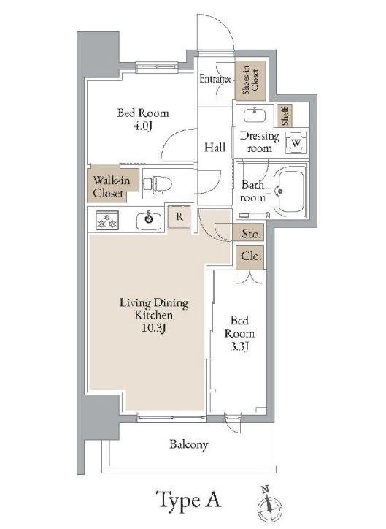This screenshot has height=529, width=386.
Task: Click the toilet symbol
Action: click(x=158, y=184)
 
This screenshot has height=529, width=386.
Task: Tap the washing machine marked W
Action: click(x=296, y=142)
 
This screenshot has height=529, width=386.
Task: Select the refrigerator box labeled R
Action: click(x=180, y=216)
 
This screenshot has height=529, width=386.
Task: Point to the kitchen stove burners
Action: click(x=107, y=220)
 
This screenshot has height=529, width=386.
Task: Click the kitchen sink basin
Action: click(x=149, y=220)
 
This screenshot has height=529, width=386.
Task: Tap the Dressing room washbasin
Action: click(x=255, y=115)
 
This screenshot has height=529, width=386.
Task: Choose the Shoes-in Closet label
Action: click(x=250, y=81)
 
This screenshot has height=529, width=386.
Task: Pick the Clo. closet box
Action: click(x=250, y=257)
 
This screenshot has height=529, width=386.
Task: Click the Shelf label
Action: click(x=285, y=115)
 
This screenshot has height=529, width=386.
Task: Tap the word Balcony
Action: click(x=188, y=445)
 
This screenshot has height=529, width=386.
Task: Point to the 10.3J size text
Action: click(x=153, y=328)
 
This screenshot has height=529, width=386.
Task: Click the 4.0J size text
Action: click(x=143, y=126)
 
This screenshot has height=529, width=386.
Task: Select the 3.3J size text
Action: click(x=239, y=346)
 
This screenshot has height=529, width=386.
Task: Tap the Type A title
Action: click(x=188, y=500)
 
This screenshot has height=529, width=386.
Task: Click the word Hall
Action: click(x=215, y=147)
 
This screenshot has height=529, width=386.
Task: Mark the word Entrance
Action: click(x=216, y=79)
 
